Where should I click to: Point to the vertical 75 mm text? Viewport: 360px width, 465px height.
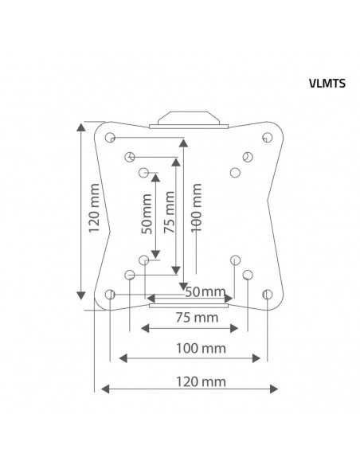(168, 213)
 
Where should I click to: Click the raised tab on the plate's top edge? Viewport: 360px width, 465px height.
(188, 118)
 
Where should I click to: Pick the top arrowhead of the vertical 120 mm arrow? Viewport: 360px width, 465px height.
(83, 127)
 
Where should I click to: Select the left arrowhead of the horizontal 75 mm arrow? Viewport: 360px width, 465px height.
(145, 328)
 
